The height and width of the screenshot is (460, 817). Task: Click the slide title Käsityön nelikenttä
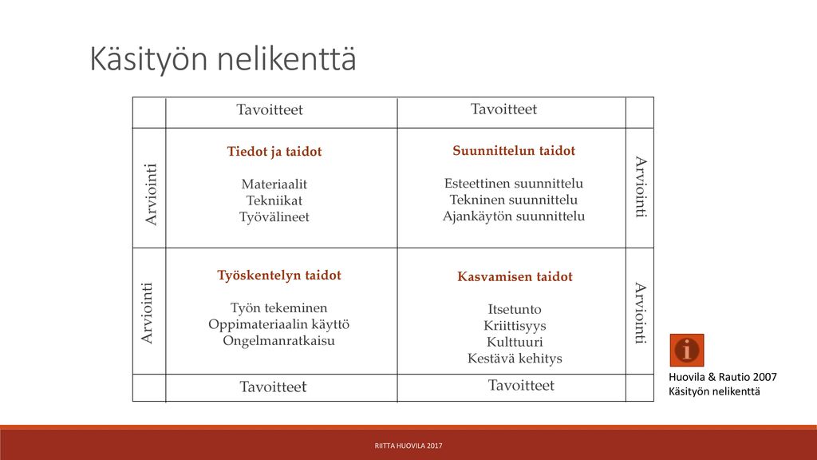pyautogui.click(x=223, y=59)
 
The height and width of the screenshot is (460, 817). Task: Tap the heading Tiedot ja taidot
pyautogui.click(x=274, y=152)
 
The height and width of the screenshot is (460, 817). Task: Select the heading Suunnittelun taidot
pyautogui.click(x=514, y=151)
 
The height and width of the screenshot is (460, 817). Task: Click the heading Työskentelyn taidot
pyautogui.click(x=279, y=276)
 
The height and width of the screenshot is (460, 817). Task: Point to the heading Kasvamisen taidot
pyautogui.click(x=515, y=276)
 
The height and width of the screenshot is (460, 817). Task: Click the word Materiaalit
pyautogui.click(x=274, y=184)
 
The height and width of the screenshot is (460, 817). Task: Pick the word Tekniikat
pyautogui.click(x=274, y=200)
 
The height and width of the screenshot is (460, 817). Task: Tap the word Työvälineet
pyautogui.click(x=274, y=217)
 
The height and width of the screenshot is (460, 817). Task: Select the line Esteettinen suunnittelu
pyautogui.click(x=514, y=184)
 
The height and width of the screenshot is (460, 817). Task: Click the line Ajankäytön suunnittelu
pyautogui.click(x=514, y=216)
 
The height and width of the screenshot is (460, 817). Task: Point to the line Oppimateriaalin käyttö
pyautogui.click(x=278, y=324)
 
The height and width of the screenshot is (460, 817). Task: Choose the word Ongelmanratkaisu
pyautogui.click(x=278, y=340)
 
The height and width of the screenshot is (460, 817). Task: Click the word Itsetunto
pyautogui.click(x=515, y=309)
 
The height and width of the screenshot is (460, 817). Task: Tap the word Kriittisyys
pyautogui.click(x=515, y=326)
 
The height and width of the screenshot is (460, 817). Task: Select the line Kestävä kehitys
pyautogui.click(x=515, y=359)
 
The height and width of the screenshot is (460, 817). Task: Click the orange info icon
pyautogui.click(x=687, y=350)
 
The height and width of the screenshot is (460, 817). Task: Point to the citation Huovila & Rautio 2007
pyautogui.click(x=723, y=377)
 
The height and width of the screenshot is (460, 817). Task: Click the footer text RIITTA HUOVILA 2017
pyautogui.click(x=408, y=446)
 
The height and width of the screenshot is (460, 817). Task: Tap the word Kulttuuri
pyautogui.click(x=515, y=342)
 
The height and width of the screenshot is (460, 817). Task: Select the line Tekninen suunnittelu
pyautogui.click(x=514, y=200)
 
